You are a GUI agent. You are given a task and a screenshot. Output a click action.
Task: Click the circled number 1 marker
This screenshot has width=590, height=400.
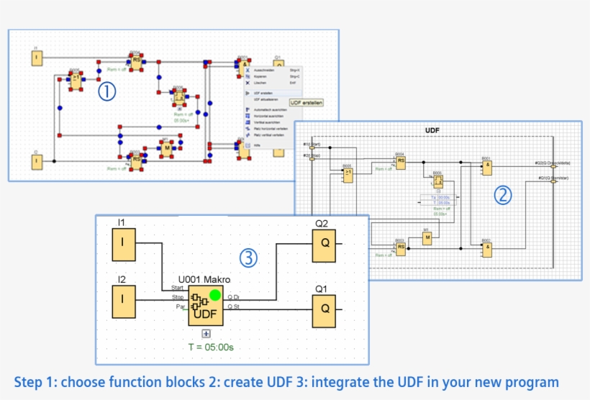pos(106,91)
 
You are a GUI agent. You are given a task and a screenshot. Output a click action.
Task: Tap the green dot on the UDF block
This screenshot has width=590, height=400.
pos(214,294)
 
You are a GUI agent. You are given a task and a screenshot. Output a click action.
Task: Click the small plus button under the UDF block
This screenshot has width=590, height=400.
pos(206,333)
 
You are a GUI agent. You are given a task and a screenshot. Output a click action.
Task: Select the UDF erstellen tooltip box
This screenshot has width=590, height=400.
pos(307,103)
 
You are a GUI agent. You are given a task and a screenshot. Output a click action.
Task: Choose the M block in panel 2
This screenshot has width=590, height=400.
pos(426,240)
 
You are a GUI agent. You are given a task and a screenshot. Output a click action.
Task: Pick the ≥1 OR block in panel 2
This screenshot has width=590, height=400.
pos(348,175)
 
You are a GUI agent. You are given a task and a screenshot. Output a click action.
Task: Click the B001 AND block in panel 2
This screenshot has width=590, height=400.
pos(487,167)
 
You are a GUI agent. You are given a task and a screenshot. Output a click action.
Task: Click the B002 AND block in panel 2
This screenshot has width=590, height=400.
pos(487,248)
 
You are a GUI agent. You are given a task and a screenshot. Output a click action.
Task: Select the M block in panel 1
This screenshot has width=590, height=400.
pos(166,148)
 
